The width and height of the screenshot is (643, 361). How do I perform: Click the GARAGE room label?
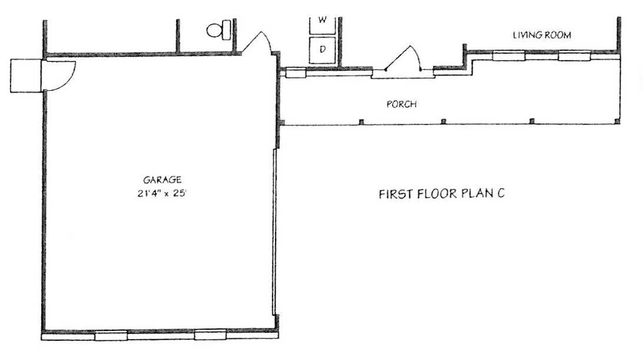coord(162,179)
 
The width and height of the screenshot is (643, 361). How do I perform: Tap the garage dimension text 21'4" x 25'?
coord(162,193)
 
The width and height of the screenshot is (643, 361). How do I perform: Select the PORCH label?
coord(402,104)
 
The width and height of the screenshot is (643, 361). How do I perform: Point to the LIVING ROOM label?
coord(542,35)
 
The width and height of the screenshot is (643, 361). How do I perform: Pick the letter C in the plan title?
coord(501,193)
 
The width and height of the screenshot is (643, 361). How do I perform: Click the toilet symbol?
coord(219,30)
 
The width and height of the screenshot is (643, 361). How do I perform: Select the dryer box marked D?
coord(322,50)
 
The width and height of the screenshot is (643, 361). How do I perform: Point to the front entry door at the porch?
coord(402,59)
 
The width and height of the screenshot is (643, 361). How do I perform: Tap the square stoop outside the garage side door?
coord(25,75)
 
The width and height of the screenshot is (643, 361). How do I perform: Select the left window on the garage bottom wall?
coord(111,335)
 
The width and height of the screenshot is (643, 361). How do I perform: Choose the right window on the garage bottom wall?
coord(210,334)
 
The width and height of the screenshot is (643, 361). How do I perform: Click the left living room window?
coord(509,55)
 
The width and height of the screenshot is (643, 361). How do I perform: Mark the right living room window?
coord(574,55)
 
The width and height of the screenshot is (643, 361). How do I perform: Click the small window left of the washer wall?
coord(296,73)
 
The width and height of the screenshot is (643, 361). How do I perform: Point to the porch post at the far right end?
coord(617,121)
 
